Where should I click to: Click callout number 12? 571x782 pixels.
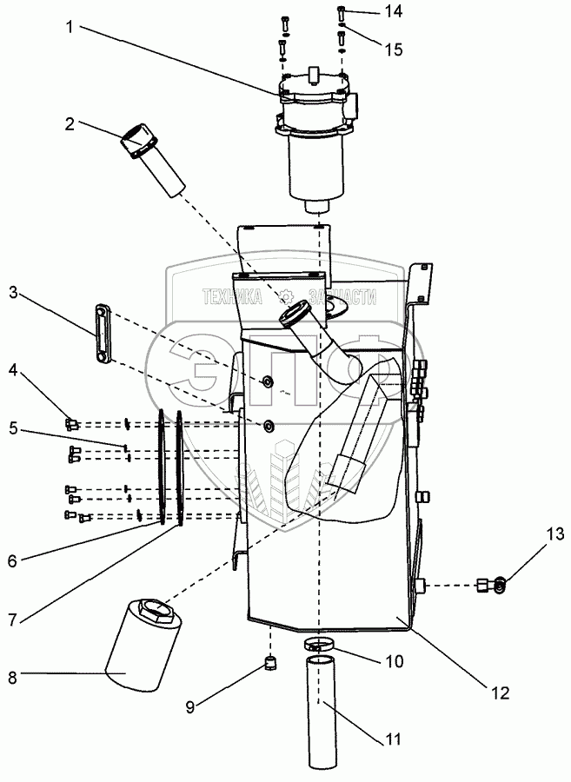pyautogui.click(x=499, y=693)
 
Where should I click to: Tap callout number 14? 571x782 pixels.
pyautogui.click(x=395, y=12)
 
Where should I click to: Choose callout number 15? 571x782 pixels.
pyautogui.click(x=395, y=50)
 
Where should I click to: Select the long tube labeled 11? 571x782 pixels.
pyautogui.click(x=322, y=712)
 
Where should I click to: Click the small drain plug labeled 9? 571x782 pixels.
pyautogui.click(x=269, y=666)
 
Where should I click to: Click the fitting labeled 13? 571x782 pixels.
pyautogui.click(x=491, y=586)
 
